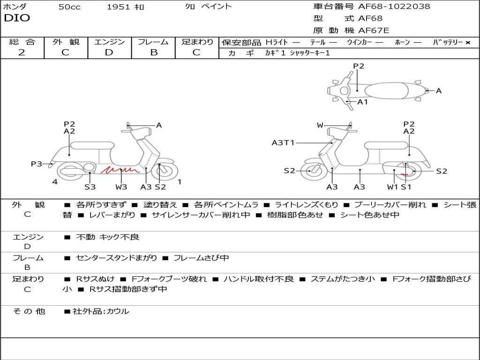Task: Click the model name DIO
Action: [x=17, y=18]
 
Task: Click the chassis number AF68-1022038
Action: [x=394, y=6]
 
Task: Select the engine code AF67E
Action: [x=374, y=30]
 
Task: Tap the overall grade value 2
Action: [x=22, y=52]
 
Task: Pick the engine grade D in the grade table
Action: [x=109, y=52]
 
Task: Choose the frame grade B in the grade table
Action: [x=154, y=52]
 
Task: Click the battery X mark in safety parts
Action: [x=468, y=43]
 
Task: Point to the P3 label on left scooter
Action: [x=37, y=164]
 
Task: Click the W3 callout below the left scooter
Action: [x=121, y=187]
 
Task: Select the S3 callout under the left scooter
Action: [x=90, y=187]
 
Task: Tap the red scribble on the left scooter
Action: [x=120, y=170]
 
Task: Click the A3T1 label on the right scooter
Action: [x=283, y=142]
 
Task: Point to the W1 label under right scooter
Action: [x=392, y=187]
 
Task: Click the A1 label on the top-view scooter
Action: [x=363, y=102]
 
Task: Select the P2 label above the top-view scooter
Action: [x=359, y=66]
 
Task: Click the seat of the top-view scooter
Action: [x=386, y=91]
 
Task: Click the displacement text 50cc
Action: [x=69, y=7]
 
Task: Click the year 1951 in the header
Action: [x=119, y=7]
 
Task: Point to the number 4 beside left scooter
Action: [x=55, y=182]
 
